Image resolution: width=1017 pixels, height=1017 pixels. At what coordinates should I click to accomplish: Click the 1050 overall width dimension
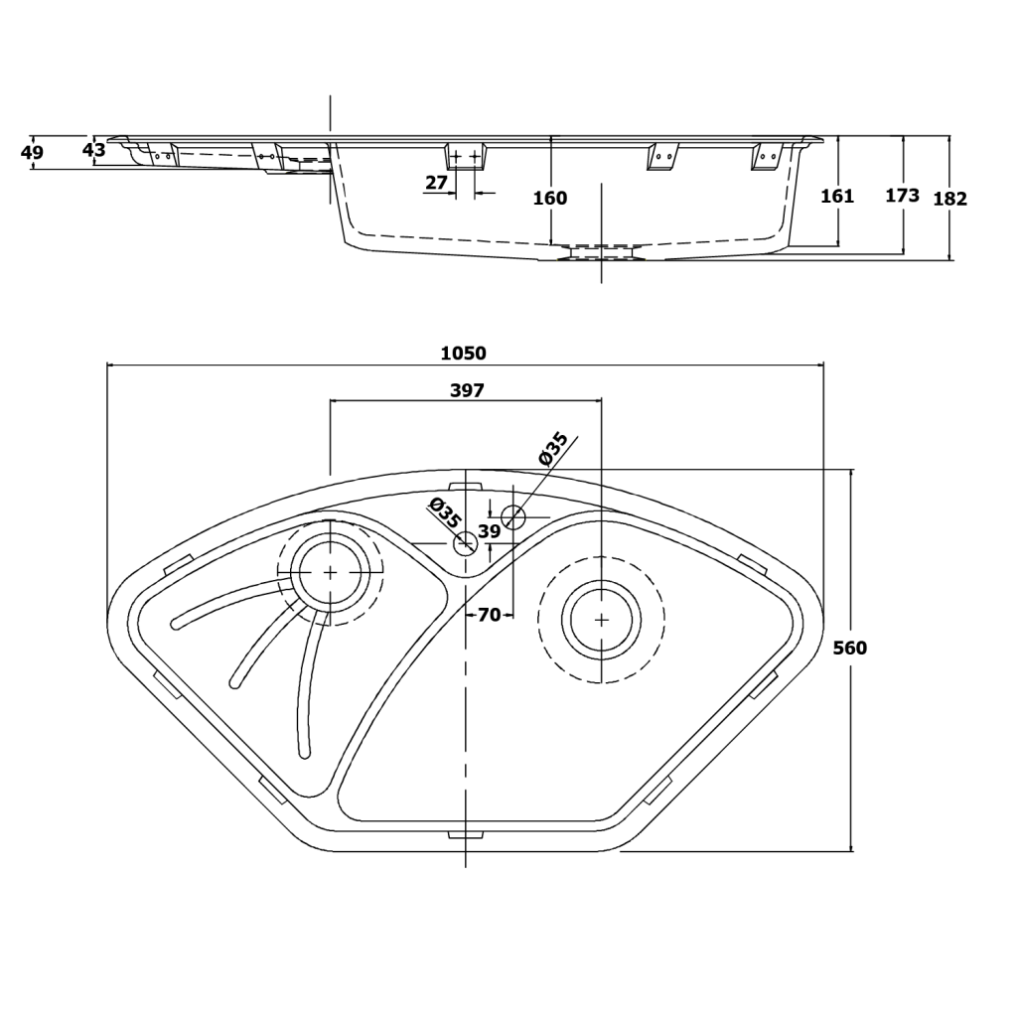tap(463, 354)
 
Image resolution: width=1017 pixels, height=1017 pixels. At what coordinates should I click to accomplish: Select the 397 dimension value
tap(467, 391)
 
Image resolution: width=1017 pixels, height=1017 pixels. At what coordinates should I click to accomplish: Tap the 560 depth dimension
tap(849, 649)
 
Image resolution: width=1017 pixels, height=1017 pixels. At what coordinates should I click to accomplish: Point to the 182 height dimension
tap(950, 199)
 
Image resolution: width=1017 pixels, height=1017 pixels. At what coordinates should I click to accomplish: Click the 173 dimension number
tap(902, 196)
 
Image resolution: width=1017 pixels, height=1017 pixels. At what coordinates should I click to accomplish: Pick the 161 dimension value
tap(837, 197)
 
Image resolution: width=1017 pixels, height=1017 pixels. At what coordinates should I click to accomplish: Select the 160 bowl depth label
tap(549, 199)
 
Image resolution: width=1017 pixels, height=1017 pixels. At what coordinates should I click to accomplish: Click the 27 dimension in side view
tap(436, 183)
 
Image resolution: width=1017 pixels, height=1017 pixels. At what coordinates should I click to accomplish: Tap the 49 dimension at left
tap(32, 153)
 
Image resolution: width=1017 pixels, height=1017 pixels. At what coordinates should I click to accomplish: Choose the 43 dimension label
tap(93, 151)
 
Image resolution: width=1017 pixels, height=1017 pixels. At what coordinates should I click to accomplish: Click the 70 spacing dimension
tap(489, 616)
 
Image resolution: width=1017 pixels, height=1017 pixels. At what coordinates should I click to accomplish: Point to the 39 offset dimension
tap(490, 532)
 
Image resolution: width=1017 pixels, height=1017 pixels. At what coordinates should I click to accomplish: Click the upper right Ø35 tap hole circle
tap(512, 516)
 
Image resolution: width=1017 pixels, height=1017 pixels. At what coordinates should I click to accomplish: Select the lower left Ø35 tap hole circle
tap(465, 543)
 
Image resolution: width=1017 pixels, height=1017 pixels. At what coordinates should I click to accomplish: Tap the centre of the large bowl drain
tap(601, 619)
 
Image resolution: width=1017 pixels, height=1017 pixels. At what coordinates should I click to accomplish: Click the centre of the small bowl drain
tap(330, 572)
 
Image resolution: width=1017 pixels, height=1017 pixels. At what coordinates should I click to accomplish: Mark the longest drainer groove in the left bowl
tap(228, 605)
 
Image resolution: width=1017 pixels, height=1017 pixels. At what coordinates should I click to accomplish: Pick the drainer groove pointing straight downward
tap(308, 685)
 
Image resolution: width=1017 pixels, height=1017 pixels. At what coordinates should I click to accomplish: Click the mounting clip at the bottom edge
tap(465, 834)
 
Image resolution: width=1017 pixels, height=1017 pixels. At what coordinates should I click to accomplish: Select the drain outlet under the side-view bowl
tap(601, 252)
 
